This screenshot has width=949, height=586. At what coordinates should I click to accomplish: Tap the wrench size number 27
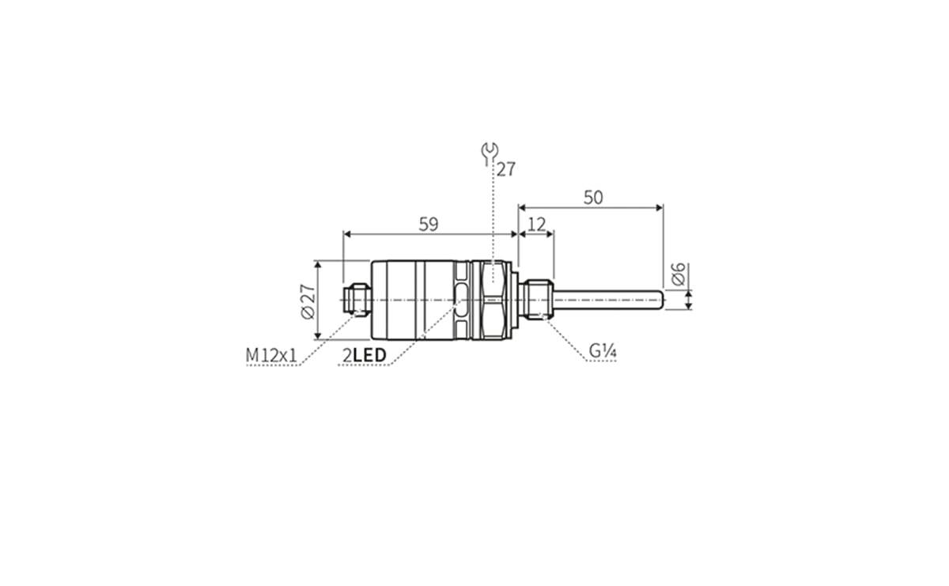pyautogui.click(x=506, y=169)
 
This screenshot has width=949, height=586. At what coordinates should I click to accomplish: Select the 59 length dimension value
pyautogui.click(x=428, y=224)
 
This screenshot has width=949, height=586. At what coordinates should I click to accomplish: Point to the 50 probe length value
pyautogui.click(x=592, y=198)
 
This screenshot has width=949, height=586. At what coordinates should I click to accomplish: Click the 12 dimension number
pyautogui.click(x=536, y=225)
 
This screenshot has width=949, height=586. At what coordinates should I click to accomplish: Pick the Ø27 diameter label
pyautogui.click(x=308, y=301)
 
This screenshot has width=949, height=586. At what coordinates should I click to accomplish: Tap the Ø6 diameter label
pyautogui.click(x=678, y=274)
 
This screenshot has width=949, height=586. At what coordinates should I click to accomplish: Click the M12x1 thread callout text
pyautogui.click(x=271, y=357)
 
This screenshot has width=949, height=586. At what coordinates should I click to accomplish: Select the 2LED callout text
pyautogui.click(x=365, y=357)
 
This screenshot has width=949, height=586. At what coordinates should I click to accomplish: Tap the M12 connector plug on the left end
pyautogui.click(x=355, y=300)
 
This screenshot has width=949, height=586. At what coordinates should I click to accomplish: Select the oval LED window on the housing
pyautogui.click(x=461, y=300)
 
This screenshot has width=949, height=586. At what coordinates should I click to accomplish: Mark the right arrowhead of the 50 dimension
pyautogui.click(x=659, y=208)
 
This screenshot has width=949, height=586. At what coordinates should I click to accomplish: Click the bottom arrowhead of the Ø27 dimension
pyautogui.click(x=316, y=335)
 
